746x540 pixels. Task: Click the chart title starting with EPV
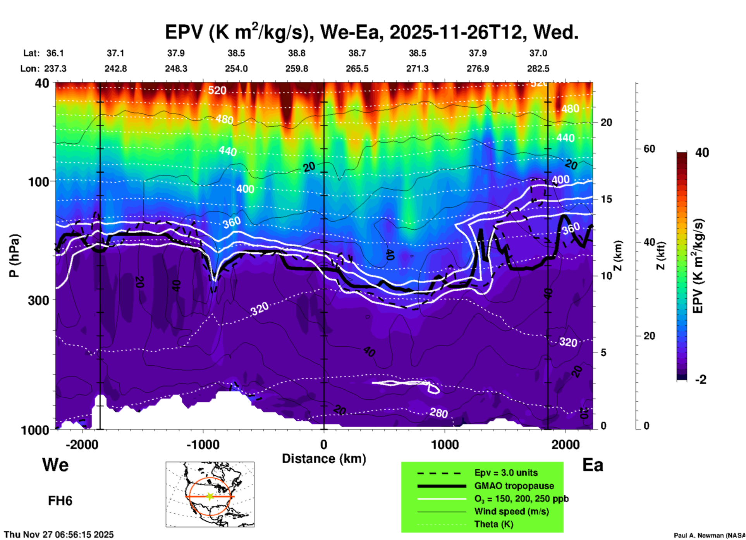pos(372,32)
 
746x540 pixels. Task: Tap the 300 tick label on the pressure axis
pos(38,300)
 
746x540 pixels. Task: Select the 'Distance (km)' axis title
pos(324,459)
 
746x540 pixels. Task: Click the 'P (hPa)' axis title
pos(14,256)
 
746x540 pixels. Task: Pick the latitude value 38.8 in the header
pos(297,53)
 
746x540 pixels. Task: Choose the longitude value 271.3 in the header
pos(417,69)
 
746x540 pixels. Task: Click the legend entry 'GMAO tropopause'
pos(514,486)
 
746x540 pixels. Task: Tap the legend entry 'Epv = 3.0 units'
pos(506,473)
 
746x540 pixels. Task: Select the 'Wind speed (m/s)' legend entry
pos(511,511)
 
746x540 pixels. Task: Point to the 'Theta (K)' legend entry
pos(493,524)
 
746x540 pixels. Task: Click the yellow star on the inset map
pos(210,496)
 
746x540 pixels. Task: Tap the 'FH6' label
pos(60,501)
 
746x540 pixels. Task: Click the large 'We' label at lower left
pos(55,465)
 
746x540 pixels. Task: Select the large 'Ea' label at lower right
pos(593,465)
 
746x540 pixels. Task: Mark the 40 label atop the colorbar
pos(702,153)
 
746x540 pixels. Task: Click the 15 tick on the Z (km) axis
pos(606,199)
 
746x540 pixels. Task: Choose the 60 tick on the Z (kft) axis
pos(649,149)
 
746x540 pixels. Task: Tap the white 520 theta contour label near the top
pos(217,90)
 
